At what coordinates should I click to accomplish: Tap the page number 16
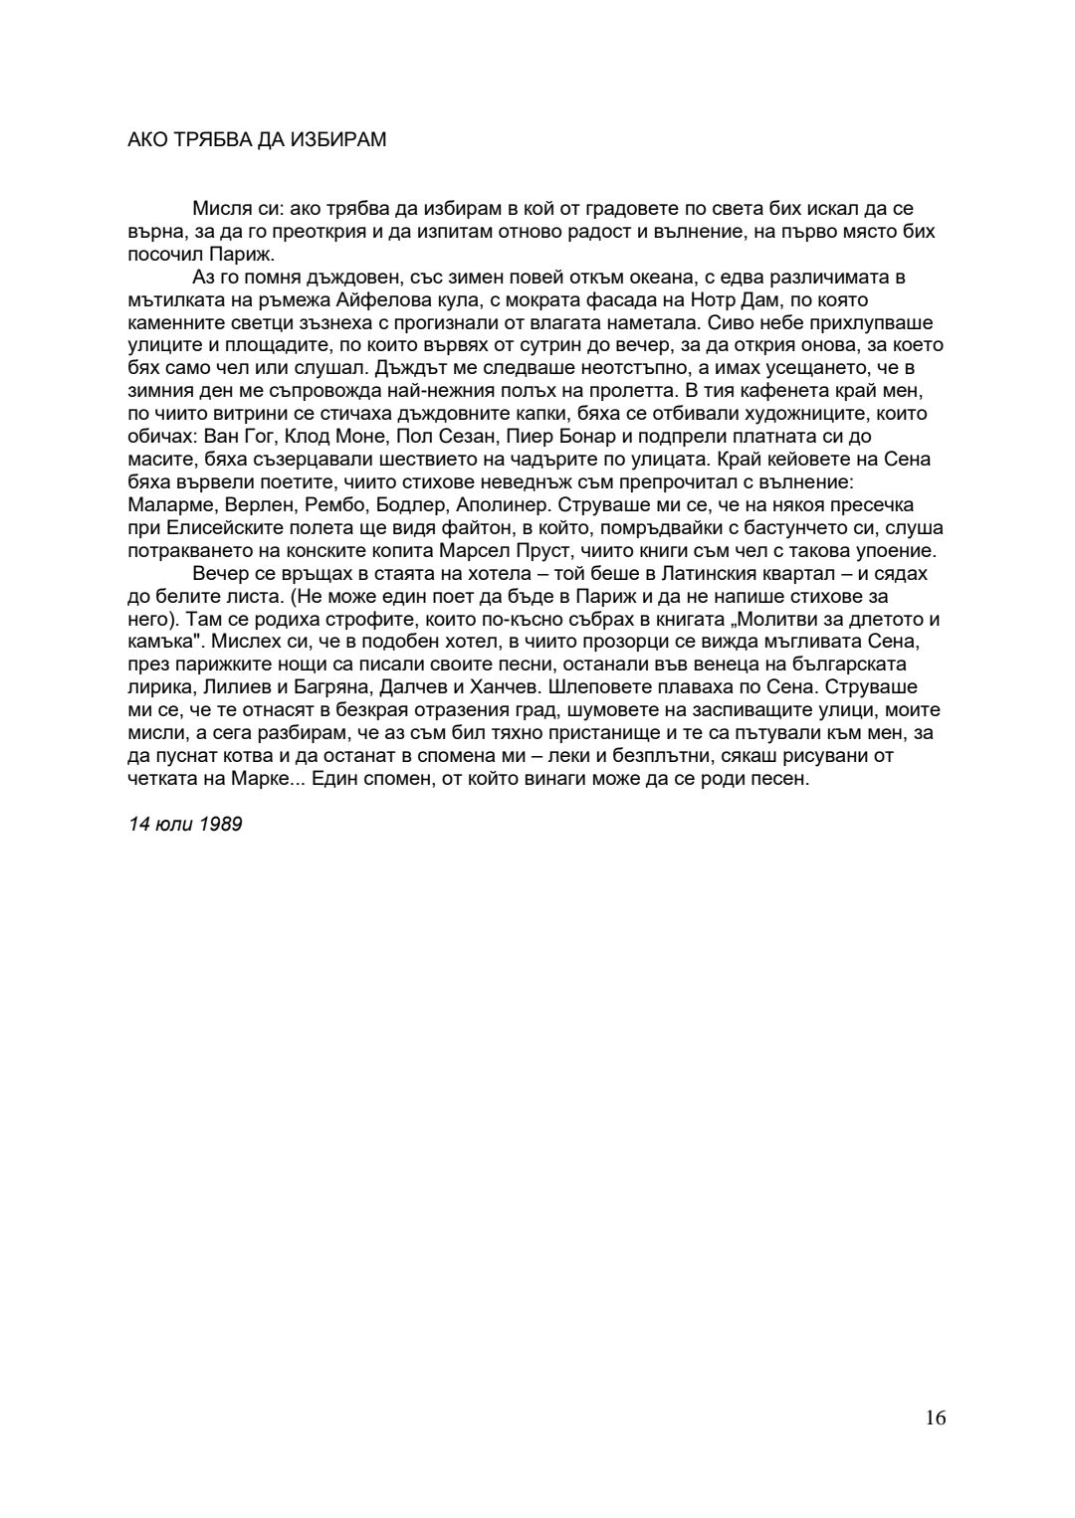[x=935, y=1418]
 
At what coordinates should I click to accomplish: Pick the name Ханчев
[x=496, y=686]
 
